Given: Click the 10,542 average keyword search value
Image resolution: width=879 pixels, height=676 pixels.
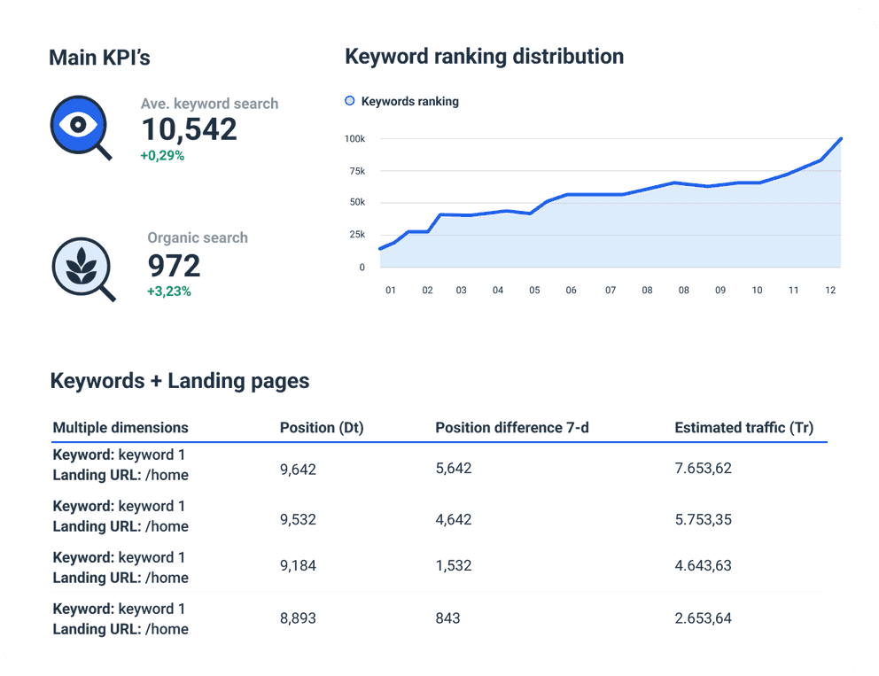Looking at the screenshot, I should pos(189,130).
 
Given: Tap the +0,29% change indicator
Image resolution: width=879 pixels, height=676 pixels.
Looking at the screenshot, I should pos(162,156).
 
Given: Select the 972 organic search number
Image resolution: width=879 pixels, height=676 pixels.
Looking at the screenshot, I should pos(174,266).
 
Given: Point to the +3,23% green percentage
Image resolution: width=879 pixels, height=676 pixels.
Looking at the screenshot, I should pos(168,291).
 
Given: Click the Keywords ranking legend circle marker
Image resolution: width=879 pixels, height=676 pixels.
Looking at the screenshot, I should pos(349,101).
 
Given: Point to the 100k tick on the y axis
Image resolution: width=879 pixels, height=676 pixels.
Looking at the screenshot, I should pos(355,139).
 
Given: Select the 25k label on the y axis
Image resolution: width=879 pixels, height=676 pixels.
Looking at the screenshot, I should pos(356,235).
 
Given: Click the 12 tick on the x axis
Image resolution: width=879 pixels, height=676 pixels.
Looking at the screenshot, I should pos(829,291).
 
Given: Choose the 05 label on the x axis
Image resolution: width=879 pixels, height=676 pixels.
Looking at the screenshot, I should pos(534,291).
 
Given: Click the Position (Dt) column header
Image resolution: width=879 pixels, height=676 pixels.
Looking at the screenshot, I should pos(322,428).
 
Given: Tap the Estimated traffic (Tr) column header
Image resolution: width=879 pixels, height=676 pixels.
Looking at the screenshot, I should pos(743,428).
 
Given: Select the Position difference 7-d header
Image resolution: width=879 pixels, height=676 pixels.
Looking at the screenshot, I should pos(512,428).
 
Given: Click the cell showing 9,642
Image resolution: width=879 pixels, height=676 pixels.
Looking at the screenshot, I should pos(298,469).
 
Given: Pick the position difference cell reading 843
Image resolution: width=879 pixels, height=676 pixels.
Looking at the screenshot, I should pos(447,618).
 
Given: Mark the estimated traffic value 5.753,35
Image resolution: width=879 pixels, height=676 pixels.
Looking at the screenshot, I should pos(703,520).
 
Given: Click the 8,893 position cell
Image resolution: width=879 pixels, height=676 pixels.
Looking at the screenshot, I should pos(298,618).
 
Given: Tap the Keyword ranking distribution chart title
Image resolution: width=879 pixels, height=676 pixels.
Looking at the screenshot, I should pos(484,57).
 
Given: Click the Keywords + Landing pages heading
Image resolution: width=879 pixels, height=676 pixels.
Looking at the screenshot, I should pos(180,381).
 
